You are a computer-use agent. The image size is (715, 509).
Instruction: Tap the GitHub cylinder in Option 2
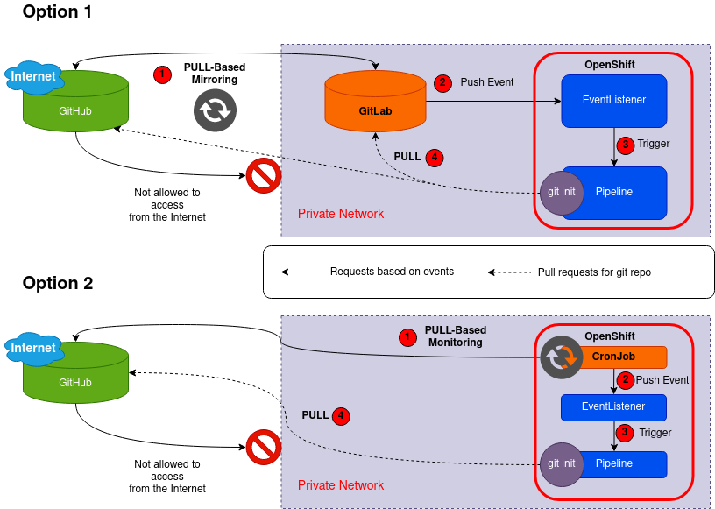click(x=75, y=382)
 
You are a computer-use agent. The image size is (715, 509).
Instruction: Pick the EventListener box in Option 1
click(x=613, y=100)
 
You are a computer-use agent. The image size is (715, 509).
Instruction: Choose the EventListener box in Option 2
click(x=613, y=406)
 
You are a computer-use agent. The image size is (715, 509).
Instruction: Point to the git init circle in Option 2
click(x=562, y=463)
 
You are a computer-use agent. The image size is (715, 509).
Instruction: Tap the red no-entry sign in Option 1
click(x=263, y=177)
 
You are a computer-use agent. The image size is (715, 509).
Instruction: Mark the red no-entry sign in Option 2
click(x=263, y=448)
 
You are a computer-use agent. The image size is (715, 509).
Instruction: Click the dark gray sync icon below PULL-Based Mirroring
click(x=214, y=110)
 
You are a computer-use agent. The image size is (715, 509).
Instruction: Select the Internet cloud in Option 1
click(x=33, y=76)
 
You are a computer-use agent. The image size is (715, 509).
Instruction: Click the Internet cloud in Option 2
click(x=33, y=348)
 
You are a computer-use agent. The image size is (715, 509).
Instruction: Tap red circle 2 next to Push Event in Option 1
click(x=442, y=82)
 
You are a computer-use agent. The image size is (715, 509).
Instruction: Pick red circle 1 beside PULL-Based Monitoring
click(x=407, y=336)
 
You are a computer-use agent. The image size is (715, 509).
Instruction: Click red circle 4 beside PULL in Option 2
click(x=342, y=415)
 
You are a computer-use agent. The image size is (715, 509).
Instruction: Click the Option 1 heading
click(x=57, y=12)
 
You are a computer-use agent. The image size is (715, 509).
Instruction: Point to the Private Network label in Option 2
click(x=341, y=485)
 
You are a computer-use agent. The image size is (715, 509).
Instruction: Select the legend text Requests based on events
click(x=392, y=272)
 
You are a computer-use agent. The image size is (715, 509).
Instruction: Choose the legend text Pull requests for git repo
click(x=594, y=272)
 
